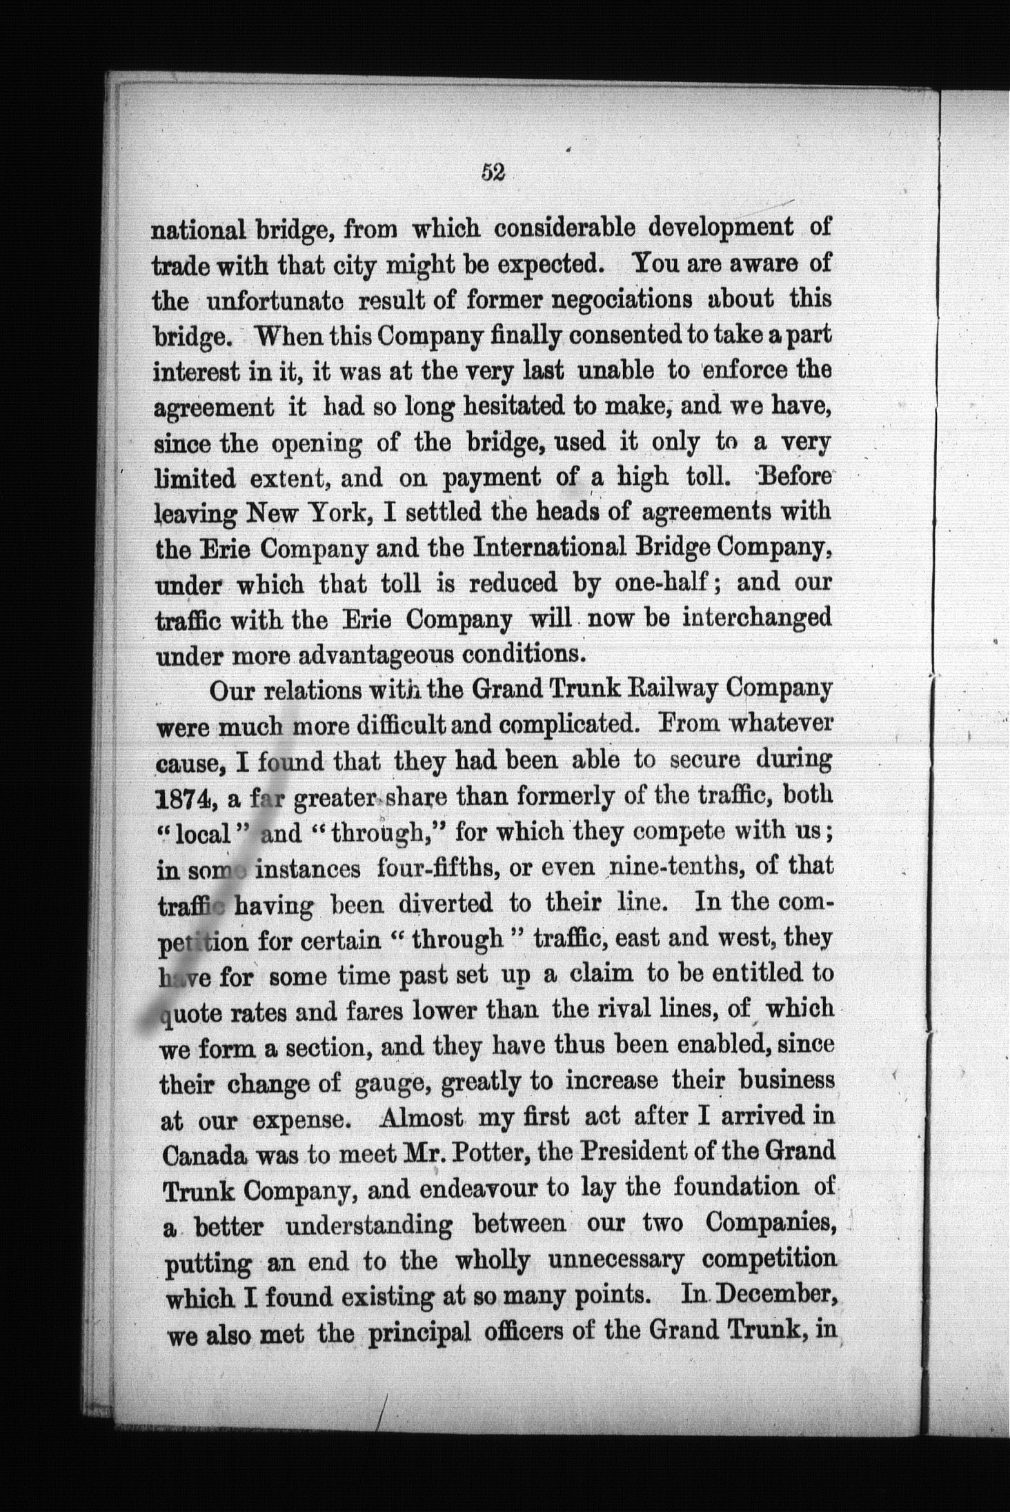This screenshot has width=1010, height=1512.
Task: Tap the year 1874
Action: pos(184,798)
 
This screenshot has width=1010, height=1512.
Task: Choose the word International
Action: pos(557,546)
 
